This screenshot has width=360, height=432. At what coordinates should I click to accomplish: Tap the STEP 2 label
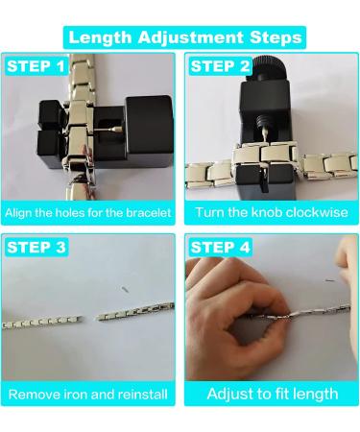[x=220, y=67]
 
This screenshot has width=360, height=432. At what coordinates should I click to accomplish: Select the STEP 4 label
[x=220, y=248]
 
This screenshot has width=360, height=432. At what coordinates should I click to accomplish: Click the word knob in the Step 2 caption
[x=252, y=212]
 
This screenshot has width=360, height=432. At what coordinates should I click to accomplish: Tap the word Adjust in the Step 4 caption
[x=230, y=394]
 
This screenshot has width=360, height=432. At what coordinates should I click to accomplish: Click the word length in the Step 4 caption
[x=313, y=394]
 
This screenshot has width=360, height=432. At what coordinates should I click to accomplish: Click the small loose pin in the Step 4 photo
[x=329, y=281]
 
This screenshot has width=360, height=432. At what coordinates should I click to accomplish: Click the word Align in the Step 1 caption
[x=24, y=212]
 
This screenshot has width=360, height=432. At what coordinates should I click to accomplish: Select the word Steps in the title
[x=274, y=37]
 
